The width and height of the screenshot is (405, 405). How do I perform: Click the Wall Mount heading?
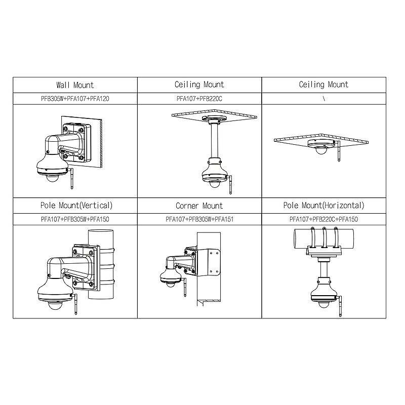pos(75,85)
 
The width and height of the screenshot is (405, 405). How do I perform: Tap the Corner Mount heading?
pos(199,206)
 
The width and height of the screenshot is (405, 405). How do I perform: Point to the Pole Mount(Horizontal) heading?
pos(323,206)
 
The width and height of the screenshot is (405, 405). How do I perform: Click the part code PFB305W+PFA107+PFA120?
pos(75,99)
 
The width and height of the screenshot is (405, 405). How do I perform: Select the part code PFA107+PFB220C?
pos(199,99)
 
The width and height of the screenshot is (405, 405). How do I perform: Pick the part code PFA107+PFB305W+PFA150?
pos(75,219)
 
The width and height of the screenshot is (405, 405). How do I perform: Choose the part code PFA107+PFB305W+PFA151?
pos(199,219)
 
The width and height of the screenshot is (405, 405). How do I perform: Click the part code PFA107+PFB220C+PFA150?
pos(323,219)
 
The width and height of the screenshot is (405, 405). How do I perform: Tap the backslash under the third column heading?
pos(323,99)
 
